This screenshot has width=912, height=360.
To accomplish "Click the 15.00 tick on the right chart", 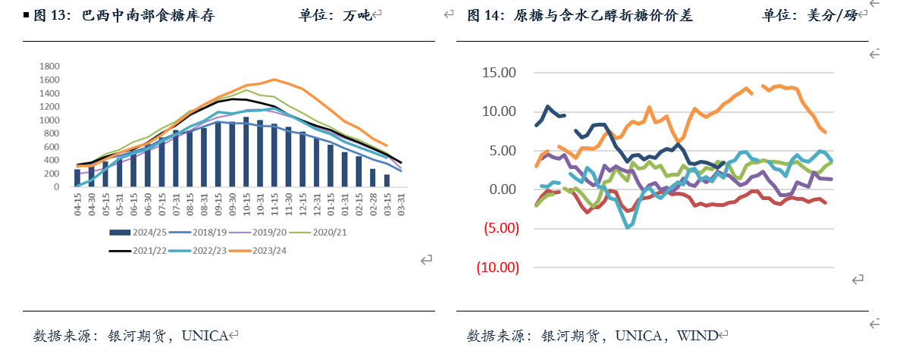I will click(498, 73).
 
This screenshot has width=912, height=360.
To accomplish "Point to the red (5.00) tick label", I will click(497, 228).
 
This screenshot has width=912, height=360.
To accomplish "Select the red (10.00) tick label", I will click(497, 268).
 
